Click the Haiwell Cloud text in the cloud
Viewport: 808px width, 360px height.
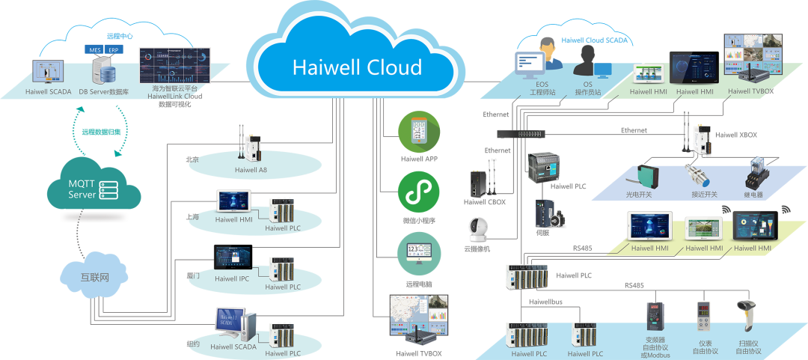tap(357, 67)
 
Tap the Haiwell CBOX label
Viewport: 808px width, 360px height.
tap(485, 201)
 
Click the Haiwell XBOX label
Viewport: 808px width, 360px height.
tap(736, 135)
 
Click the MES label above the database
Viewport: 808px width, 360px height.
tap(95, 50)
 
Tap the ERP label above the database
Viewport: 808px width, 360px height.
tap(114, 50)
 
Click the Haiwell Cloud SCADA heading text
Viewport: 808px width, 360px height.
tap(595, 40)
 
